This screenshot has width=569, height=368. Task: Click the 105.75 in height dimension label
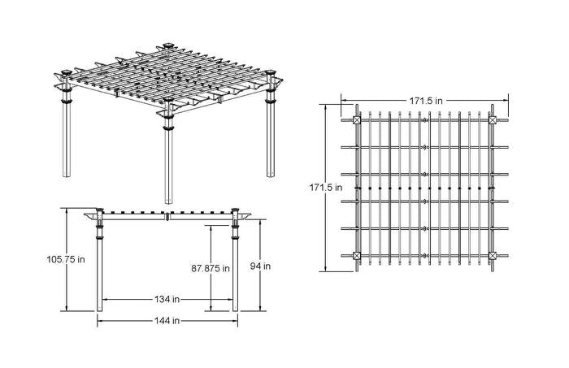66,259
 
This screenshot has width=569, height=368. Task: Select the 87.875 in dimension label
211,268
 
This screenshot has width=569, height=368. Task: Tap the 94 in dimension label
260,266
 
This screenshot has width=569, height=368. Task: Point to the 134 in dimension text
167,299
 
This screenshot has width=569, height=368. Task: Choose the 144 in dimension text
167,321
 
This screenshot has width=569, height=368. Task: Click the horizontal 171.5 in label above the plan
426,101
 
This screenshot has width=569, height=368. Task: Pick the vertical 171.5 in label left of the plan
326,188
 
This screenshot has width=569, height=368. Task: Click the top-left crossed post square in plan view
357,120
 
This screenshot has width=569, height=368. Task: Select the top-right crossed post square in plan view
493,120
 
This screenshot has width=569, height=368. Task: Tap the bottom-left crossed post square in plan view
357,256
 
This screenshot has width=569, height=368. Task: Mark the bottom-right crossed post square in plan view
493,256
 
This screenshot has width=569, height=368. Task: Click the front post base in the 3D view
169,201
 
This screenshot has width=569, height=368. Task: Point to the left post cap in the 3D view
66,72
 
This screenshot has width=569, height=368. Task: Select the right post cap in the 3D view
270,73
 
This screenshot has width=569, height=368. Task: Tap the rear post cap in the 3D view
167,45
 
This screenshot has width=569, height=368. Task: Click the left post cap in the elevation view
100,210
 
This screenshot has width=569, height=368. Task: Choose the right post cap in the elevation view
235,210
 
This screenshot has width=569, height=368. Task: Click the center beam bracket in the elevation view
167,217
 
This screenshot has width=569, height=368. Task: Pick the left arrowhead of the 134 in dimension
105,300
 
